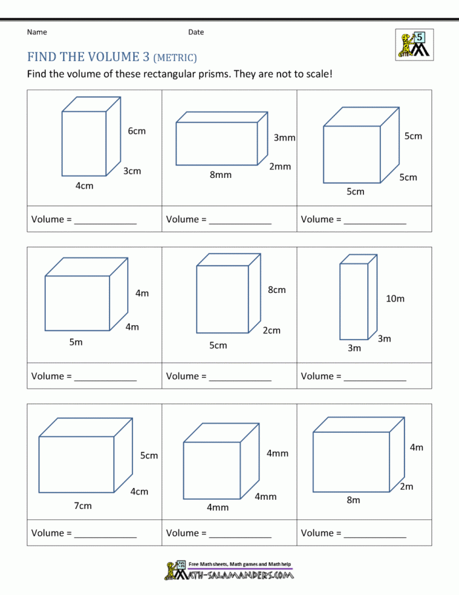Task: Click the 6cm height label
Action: pyautogui.click(x=136, y=131)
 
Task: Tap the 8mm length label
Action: pyautogui.click(x=220, y=175)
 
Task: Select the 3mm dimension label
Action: pyautogui.click(x=285, y=138)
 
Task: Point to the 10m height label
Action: pyautogui.click(x=395, y=299)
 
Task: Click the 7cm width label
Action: pyautogui.click(x=83, y=506)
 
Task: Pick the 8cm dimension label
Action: pyautogui.click(x=277, y=290)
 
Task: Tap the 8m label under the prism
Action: pyautogui.click(x=353, y=500)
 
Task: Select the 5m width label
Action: pyautogui.click(x=76, y=342)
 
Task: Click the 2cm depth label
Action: pyautogui.click(x=271, y=330)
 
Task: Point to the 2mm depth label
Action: pyautogui.click(x=280, y=167)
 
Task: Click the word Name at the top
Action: pyautogui.click(x=37, y=32)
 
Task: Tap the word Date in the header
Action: pyautogui.click(x=196, y=32)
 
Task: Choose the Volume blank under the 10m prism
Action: pyautogui.click(x=374, y=377)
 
